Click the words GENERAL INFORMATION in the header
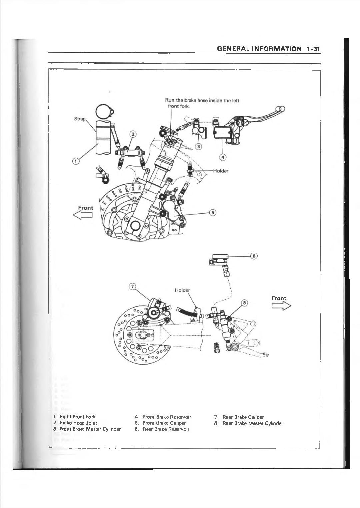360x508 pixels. [259, 49]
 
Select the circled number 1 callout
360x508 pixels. [76, 161]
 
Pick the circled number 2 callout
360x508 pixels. [133, 134]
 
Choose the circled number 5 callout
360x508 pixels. [213, 213]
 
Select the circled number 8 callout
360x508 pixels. [245, 303]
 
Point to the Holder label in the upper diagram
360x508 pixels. [221, 171]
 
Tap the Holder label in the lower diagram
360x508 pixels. [182, 290]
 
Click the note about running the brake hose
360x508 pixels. [202, 103]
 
